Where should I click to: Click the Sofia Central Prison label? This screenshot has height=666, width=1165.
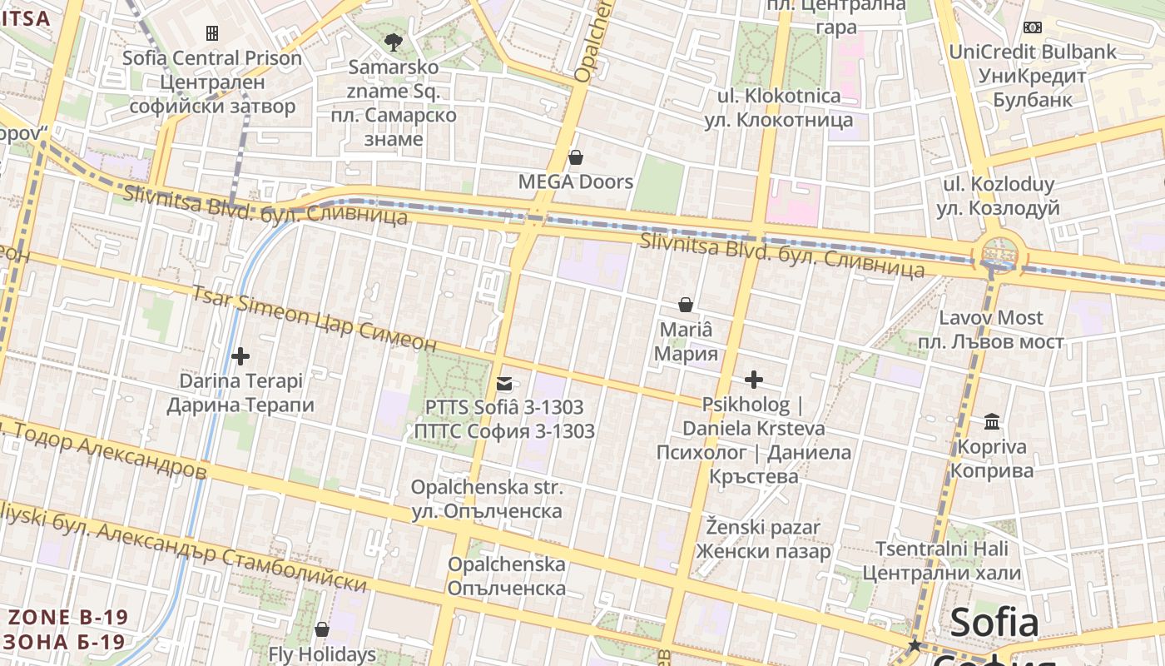211,82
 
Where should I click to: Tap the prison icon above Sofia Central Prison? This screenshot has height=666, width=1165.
212,33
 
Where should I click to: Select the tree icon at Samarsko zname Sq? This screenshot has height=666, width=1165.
394,41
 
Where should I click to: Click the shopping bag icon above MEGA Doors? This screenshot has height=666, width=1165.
575,157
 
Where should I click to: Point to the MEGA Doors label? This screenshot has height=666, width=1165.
575,181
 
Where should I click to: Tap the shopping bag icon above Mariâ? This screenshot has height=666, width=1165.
686,305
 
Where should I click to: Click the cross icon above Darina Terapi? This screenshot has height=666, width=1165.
240,356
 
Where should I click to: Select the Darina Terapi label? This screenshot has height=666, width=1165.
240,393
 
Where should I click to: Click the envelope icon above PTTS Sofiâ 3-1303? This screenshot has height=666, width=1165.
504,384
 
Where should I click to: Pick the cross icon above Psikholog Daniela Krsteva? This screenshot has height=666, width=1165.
754,380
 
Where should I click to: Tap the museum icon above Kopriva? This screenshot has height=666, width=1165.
992,422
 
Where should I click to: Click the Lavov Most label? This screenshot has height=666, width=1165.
990,330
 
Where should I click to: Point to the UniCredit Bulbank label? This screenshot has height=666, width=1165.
1033,76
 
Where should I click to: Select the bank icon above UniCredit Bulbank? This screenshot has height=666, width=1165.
1033,27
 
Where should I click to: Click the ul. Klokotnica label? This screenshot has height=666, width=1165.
779,107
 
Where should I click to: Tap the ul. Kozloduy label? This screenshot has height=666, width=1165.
998,196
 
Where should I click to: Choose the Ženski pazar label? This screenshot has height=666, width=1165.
763,539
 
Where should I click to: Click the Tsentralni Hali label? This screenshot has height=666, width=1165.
941,560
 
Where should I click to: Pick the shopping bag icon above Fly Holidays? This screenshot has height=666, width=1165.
322,629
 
